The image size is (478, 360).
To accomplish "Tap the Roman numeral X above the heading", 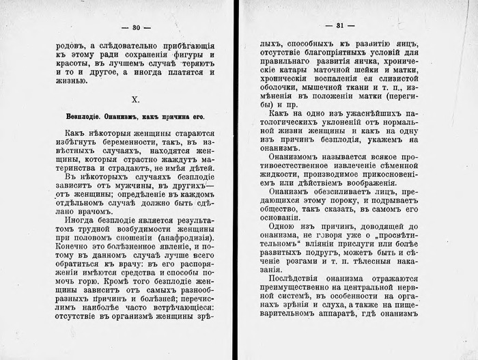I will [135, 100].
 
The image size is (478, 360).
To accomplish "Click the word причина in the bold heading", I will [175, 116].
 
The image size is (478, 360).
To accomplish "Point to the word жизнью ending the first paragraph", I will [70, 81].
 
